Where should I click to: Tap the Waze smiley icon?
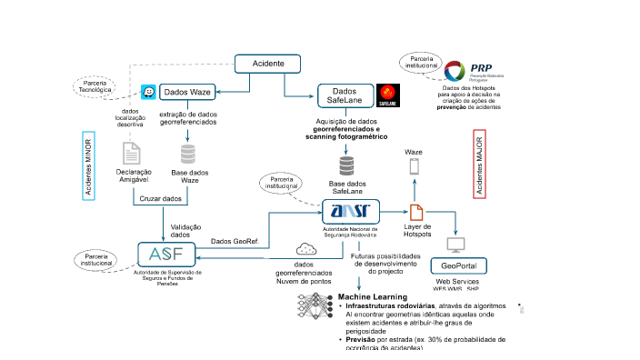pos(149,93)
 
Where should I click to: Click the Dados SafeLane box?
pos(345,95)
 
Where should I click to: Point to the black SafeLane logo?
pos(388,93)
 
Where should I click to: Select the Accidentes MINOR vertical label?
pos(88,168)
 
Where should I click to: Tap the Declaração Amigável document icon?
pos(133,153)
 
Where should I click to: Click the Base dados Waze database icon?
pos(188,153)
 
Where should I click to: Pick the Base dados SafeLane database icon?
pos(345,167)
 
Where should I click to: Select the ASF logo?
pos(166,255)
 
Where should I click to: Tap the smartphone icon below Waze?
pos(415,167)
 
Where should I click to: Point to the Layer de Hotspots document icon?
pos(415,211)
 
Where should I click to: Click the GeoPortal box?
pos(458,266)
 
